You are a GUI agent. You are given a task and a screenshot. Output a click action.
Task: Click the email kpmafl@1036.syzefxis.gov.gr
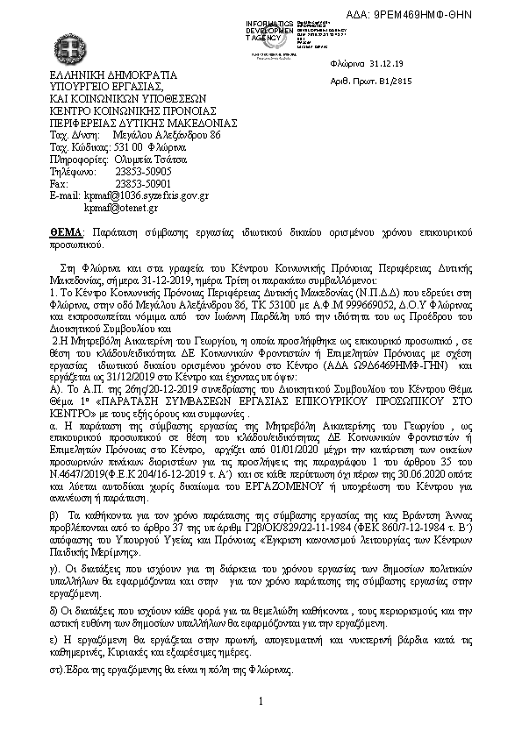point(146,197)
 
